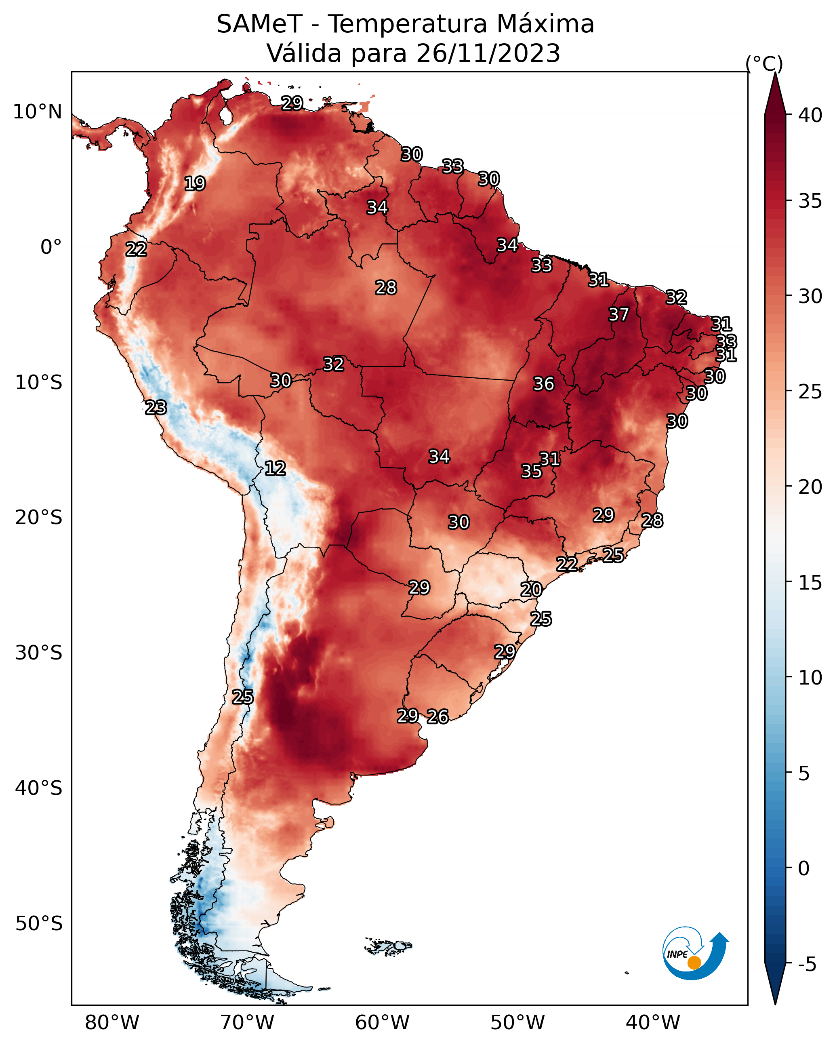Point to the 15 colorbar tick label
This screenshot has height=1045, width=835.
coord(810,583)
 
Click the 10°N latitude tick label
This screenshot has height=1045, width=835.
coord(37,112)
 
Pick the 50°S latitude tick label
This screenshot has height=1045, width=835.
coord(39,924)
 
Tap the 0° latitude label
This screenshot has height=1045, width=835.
coord(51,247)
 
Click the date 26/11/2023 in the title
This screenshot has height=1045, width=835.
coord(488,53)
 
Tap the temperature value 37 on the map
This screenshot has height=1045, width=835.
coord(618,314)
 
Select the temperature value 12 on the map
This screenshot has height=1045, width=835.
coord(275,468)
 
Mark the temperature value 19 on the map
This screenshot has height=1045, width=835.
coord(195,184)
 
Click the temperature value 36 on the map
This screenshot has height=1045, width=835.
coord(543,384)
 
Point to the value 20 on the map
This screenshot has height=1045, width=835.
coord(531,590)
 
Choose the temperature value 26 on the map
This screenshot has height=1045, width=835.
coord(437,716)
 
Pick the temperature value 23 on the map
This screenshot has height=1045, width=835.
coord(156,408)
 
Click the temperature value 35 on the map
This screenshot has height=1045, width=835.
coord(531,471)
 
